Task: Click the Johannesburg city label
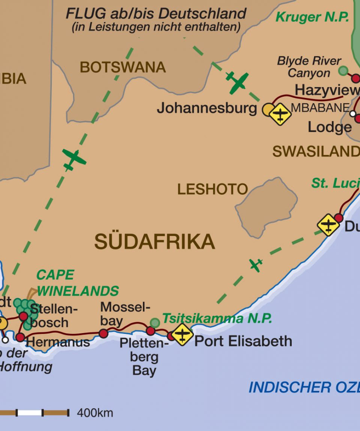(207, 108)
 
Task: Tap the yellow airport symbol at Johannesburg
(280, 114)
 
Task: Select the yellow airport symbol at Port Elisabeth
(182, 334)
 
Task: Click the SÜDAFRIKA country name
(154, 242)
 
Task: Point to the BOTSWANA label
(123, 68)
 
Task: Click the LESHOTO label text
(213, 189)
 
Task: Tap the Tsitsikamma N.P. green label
(217, 319)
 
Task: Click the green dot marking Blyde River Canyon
(343, 70)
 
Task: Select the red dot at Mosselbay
(103, 333)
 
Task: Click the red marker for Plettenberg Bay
(150, 331)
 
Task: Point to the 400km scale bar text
(95, 413)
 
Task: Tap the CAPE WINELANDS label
(78, 283)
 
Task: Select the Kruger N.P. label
(312, 17)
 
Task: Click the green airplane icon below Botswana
(74, 159)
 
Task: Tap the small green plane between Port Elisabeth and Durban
(256, 265)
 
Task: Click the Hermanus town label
(58, 342)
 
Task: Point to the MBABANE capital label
(320, 108)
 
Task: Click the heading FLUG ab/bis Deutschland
(156, 14)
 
